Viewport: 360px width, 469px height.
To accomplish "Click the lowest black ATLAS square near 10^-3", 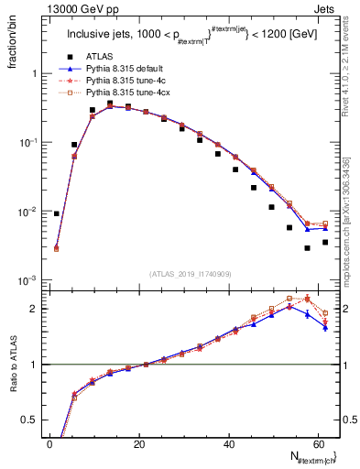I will click(x=308, y=248).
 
